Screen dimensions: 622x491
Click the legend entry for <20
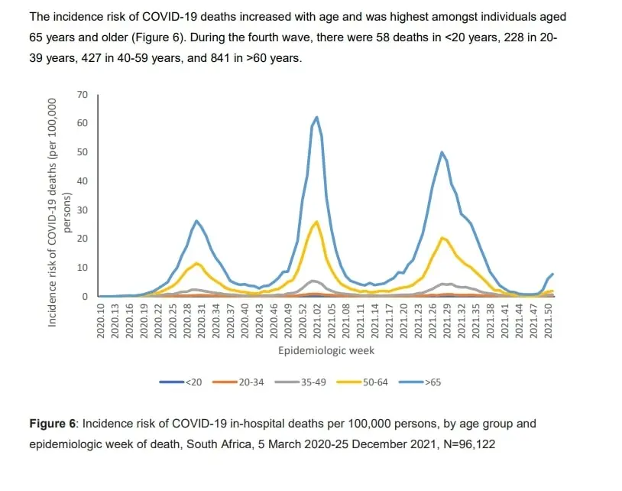[180, 382]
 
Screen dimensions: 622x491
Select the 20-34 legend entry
[238, 382]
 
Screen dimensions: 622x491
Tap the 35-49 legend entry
[300, 382]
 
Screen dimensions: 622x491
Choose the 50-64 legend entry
[362, 382]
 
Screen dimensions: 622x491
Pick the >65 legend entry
[420, 382]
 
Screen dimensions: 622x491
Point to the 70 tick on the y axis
[82, 95]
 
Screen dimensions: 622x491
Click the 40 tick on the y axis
[82, 181]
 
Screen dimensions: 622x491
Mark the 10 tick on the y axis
[82, 268]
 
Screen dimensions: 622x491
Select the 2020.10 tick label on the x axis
[100, 321]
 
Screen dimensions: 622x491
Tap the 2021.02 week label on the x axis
[317, 321]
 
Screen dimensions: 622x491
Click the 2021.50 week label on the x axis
[548, 321]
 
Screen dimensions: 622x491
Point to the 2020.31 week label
[202, 321]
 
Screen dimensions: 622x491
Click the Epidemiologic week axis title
[326, 351]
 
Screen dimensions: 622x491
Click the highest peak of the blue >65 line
[316, 117]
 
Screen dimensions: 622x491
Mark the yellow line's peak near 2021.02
[316, 222]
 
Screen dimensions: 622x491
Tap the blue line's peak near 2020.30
[196, 221]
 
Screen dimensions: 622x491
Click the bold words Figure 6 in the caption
[52, 424]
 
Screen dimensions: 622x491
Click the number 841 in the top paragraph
[221, 58]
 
